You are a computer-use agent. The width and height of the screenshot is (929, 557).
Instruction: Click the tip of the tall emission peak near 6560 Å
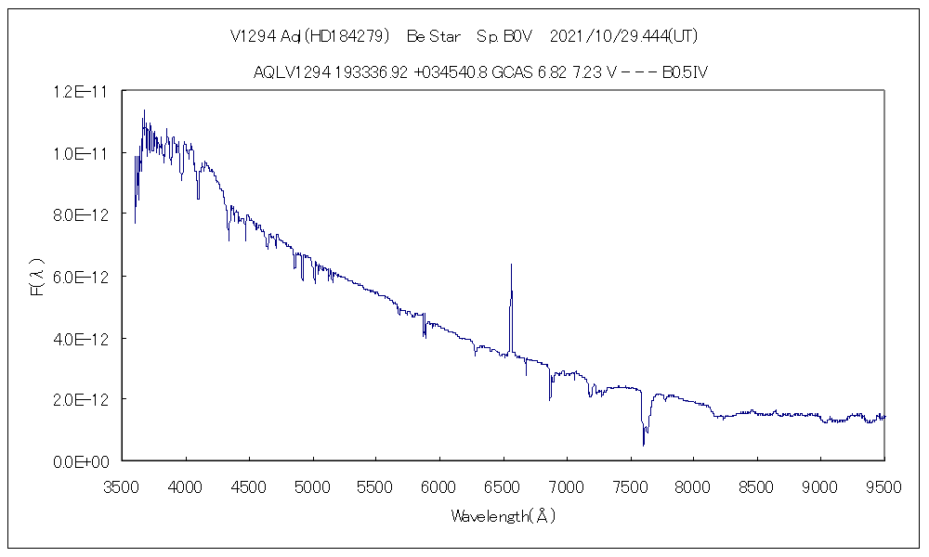[511, 265]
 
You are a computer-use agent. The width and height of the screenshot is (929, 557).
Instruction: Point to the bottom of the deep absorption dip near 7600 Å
[645, 445]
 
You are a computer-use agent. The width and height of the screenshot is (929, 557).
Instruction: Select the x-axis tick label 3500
[123, 485]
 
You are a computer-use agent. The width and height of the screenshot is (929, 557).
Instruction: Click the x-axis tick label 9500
[883, 485]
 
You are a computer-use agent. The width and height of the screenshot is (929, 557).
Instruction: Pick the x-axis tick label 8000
[694, 485]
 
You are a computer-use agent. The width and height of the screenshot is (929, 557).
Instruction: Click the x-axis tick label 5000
[313, 485]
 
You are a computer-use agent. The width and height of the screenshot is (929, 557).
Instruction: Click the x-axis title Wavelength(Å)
[503, 515]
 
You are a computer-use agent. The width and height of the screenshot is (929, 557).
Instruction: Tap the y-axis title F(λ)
[37, 277]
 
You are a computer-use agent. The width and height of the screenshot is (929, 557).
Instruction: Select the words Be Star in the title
[434, 36]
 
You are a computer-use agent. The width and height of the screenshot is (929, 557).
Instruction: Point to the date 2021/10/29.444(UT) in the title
[623, 36]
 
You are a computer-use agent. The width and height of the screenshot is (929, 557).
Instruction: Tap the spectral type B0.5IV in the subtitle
[686, 72]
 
